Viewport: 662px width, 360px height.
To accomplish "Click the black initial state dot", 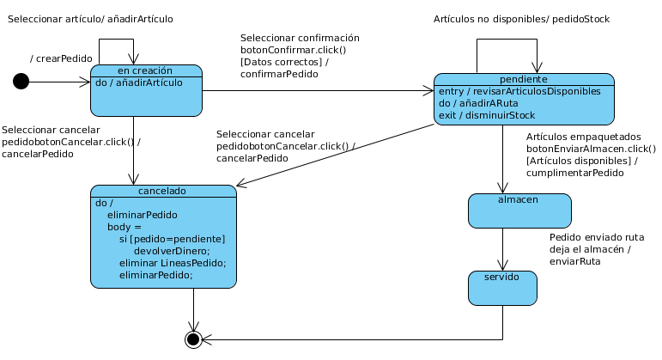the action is (x=21, y=81).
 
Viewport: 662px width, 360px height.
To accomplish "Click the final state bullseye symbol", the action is (x=193, y=339).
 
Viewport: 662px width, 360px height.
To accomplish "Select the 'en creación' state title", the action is (x=145, y=70).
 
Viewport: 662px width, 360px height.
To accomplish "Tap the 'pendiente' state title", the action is (x=524, y=79).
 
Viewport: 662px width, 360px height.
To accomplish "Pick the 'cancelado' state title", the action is (x=162, y=191).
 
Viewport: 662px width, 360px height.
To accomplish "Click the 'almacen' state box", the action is (x=519, y=211).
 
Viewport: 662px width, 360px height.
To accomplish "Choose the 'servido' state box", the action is (x=502, y=288).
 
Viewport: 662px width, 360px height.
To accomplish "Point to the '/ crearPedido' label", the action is (x=61, y=58).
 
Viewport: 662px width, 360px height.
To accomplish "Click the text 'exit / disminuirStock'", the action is (x=487, y=115).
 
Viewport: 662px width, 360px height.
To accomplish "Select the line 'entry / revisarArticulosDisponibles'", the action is (x=519, y=91).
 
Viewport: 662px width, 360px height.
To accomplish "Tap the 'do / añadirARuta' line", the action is (x=478, y=103).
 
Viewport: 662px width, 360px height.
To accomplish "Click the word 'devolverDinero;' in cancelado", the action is (x=172, y=251).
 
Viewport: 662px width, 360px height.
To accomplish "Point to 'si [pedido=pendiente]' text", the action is (x=173, y=239).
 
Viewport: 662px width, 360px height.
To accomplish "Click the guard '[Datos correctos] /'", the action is (x=284, y=62).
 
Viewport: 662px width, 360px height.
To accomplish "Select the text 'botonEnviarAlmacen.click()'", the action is (x=591, y=149).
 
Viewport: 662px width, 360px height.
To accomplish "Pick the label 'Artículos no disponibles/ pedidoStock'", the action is (x=521, y=19).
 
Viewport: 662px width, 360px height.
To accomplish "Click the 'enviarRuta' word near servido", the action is (x=575, y=261).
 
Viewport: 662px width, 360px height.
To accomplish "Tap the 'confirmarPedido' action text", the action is (x=279, y=74).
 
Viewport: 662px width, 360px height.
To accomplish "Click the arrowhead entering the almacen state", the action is (x=502, y=188).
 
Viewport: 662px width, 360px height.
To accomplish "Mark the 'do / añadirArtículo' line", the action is (x=139, y=82).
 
